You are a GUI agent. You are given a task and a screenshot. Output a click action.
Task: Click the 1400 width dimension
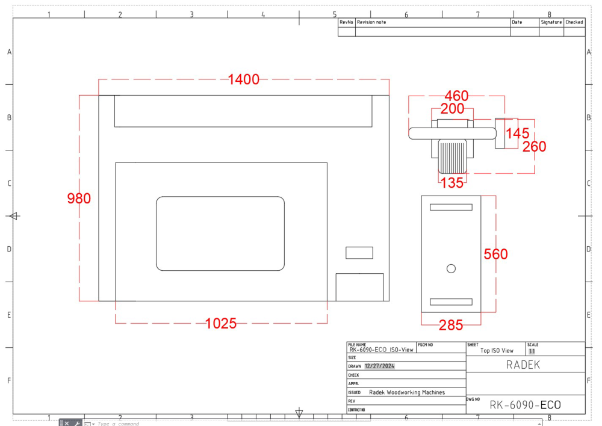tap(244, 79)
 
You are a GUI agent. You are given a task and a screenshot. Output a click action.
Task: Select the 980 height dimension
tap(79, 199)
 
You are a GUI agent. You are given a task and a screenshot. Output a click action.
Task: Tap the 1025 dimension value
tap(221, 324)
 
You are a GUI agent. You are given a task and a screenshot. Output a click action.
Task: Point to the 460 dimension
tap(456, 96)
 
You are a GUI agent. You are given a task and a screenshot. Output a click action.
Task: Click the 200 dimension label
tap(452, 109)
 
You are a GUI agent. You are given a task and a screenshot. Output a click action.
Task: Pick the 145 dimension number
tap(518, 134)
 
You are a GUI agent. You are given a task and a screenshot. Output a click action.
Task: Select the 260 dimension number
tap(534, 146)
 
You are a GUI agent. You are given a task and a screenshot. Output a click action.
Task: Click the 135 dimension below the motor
tap(452, 183)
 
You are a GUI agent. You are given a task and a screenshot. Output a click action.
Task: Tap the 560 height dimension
tap(495, 254)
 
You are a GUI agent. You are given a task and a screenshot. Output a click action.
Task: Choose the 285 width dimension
tap(451, 325)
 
